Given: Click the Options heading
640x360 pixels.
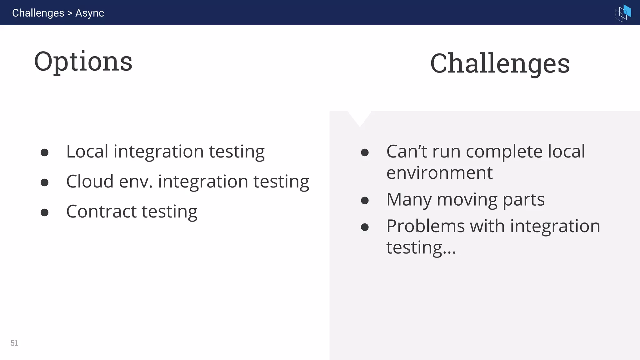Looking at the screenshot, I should [x=83, y=62].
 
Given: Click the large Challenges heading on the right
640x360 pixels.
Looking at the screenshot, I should [x=500, y=63].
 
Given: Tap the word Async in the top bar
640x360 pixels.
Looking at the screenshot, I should [x=90, y=13].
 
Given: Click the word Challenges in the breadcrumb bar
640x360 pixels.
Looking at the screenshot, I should [x=38, y=13].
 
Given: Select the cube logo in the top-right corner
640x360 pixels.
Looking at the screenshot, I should [x=623, y=13].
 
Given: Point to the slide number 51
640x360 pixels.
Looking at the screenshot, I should [x=14, y=343].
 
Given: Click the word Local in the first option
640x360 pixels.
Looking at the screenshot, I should [x=87, y=152].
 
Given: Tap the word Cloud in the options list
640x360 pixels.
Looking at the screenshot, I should [x=90, y=182].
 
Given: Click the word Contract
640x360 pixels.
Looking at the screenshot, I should [x=102, y=212].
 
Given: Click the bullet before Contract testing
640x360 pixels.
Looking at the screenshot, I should [x=45, y=212].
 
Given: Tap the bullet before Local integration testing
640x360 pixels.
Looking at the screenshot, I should [x=45, y=152].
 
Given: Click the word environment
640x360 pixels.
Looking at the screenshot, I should [x=439, y=173].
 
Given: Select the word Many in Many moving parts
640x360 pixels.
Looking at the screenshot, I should [x=409, y=200].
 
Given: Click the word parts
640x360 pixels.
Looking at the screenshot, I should [x=523, y=200].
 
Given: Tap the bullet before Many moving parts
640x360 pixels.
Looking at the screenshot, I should [x=365, y=200].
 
